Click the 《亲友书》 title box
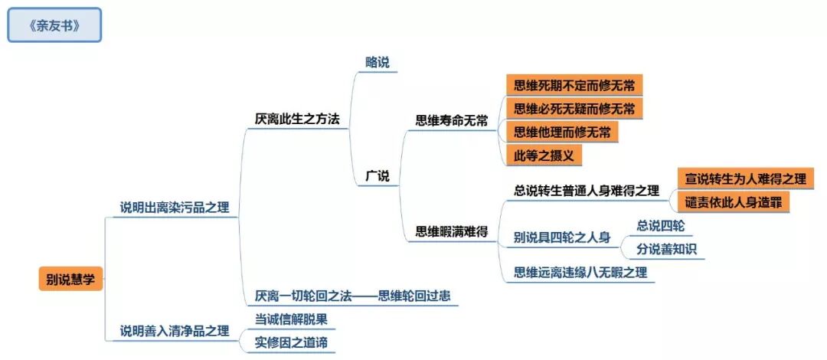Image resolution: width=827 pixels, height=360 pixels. coord(54,25)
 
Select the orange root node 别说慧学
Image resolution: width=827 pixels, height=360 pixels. coord(70,280)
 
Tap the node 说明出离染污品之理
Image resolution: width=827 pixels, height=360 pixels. coord(175,208)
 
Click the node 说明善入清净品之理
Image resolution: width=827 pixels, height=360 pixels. coord(175,331)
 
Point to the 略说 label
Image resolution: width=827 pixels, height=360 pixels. coord(378,63)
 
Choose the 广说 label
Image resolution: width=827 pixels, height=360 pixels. coord(378,176)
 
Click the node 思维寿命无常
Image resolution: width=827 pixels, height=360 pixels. coord(452,120)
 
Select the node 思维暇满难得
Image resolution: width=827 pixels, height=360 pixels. coord(452,231)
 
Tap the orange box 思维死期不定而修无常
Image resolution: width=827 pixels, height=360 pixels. coord(574,84)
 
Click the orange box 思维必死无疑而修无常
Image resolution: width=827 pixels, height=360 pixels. coord(574,108)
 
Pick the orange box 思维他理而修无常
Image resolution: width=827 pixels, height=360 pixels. coord(562,132)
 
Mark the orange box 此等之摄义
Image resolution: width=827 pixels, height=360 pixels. coord(544,155)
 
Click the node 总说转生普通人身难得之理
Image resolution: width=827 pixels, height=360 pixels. coord(587,190)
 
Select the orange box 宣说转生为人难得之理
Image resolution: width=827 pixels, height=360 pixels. coord(746,178)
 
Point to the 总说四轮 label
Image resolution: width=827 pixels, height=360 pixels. coord(661,225)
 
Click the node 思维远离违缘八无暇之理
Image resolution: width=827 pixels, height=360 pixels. coord(580,272)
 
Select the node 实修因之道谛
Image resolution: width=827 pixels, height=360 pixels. coord(291,342)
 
